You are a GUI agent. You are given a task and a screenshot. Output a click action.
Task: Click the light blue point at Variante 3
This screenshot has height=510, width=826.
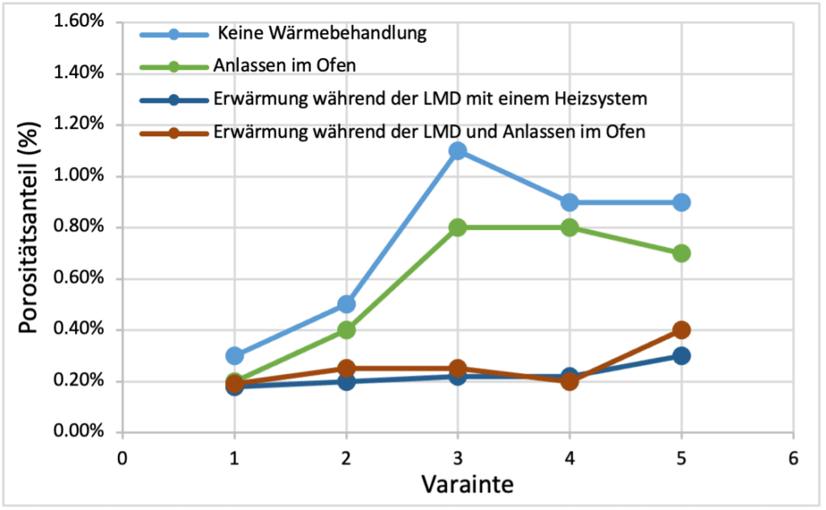coord(457,150)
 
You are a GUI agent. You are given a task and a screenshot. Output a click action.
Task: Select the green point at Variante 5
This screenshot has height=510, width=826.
coord(681,253)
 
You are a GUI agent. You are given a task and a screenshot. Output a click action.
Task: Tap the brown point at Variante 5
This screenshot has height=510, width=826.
coord(681,329)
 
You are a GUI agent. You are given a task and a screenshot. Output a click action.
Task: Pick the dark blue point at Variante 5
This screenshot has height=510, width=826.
coord(681,355)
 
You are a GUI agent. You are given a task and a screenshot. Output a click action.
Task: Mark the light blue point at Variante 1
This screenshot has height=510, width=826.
coord(235,355)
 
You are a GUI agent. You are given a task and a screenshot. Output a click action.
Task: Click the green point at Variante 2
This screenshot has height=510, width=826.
coord(346,329)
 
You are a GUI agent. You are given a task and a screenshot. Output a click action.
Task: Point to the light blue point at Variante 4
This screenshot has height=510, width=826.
coord(569,202)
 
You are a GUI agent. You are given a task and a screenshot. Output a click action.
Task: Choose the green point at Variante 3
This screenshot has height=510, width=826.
coord(457,228)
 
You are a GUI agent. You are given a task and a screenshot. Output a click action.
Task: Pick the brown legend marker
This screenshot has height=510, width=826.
coord(173,132)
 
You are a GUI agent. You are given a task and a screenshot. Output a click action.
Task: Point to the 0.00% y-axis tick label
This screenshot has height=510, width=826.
coord(78,432)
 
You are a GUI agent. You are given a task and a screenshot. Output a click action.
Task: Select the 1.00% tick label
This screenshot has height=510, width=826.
coord(78,176)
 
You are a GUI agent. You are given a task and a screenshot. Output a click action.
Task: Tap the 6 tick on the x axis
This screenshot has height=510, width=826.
coord(793,458)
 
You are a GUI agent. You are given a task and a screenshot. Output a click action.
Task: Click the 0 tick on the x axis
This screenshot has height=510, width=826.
coord(123,458)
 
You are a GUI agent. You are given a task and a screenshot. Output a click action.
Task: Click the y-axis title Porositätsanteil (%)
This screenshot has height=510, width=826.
coord(29,228)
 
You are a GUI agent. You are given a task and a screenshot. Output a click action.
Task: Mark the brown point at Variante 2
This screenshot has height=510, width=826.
coord(346,368)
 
